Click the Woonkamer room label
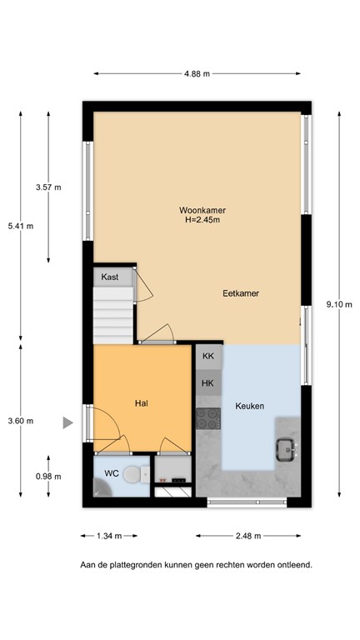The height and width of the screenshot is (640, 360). coord(202,210)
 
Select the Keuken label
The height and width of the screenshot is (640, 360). coord(249,406)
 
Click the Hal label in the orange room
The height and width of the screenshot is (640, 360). coord(142,402)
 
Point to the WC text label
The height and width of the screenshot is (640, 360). coord(112,473)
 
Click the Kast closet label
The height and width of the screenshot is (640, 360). coord(109,277)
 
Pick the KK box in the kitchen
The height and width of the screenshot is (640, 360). coord(207,356)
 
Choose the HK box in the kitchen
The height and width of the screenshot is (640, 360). coord(207,383)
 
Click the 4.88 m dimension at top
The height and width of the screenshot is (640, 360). coord(197,73)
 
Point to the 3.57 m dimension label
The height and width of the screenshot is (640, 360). coord(48,187)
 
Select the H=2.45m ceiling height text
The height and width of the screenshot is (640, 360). coord(202,221)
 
